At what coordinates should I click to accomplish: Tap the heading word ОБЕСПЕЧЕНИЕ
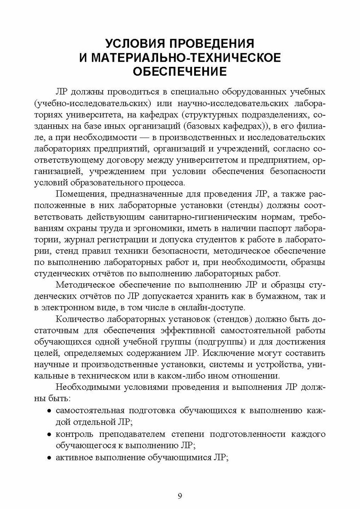point(179,72)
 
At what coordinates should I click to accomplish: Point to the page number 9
point(180,496)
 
